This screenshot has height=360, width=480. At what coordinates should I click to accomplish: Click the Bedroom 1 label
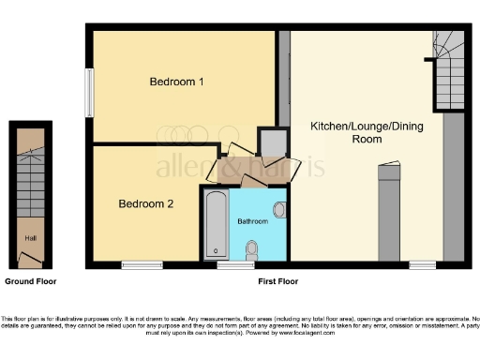click(x=177, y=82)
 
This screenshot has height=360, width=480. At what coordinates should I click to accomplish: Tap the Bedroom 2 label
click(x=145, y=202)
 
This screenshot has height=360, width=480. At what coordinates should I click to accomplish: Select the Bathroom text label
click(x=252, y=222)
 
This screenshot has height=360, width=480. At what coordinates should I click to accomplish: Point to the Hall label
click(x=31, y=238)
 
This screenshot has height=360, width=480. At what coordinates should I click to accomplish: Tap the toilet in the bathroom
click(x=251, y=249)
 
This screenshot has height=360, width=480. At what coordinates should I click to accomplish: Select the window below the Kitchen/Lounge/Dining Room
click(x=422, y=265)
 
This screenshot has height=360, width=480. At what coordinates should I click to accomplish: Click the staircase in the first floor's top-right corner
click(x=448, y=70)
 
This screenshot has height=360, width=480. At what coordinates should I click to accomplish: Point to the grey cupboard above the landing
click(x=272, y=142)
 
